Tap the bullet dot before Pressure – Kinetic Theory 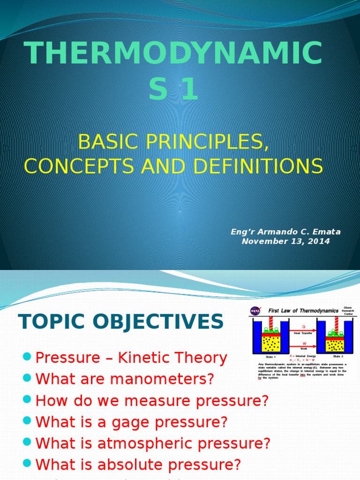pos(27,358)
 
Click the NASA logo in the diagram pos(256,311)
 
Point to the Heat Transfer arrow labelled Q pos(303,330)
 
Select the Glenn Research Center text pos(348,311)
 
